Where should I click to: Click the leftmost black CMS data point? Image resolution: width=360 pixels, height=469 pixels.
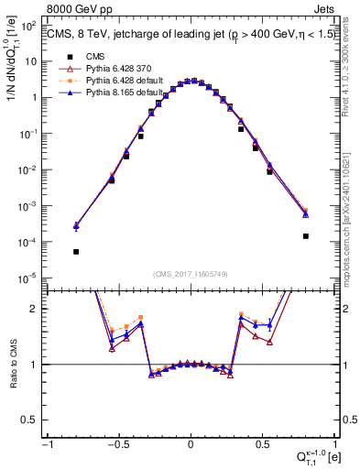pos(76,251)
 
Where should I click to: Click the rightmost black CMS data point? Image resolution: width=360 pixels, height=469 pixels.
pos(305,235)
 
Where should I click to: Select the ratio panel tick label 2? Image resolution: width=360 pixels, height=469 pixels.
pos(37,309)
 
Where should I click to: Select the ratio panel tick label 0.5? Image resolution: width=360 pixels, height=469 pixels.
pos(33,419)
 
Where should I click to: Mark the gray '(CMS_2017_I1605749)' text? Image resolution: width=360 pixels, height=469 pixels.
pos(191,274)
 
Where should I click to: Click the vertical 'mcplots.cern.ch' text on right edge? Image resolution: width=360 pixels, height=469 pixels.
pos(351,211)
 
